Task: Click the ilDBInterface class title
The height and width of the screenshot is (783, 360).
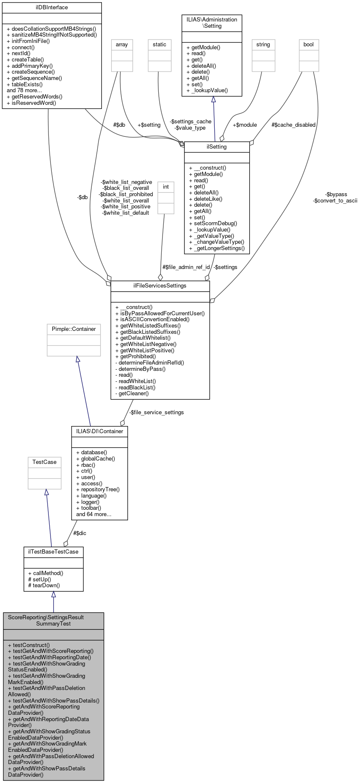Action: coord(52,8)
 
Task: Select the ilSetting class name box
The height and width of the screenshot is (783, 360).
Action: coord(217,147)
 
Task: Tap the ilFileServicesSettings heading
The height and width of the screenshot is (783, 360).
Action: coord(160,286)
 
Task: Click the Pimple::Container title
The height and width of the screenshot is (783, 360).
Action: coord(74,329)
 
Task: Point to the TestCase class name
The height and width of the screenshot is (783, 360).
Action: coord(45,462)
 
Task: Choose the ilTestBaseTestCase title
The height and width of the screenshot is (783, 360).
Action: coord(53,551)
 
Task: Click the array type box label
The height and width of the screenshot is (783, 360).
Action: coord(122,45)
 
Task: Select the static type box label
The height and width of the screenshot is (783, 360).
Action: coord(160,45)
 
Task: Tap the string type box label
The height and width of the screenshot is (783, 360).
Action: coord(263,45)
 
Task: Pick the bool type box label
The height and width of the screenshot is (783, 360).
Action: coord(309,45)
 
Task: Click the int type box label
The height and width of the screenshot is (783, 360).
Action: coord(166,187)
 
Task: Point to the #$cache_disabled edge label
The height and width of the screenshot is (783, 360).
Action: coord(293,125)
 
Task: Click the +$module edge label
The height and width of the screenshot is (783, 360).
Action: coord(245,125)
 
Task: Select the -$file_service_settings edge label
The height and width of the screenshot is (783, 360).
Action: coord(156,413)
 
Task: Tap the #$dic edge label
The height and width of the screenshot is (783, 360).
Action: coord(80,533)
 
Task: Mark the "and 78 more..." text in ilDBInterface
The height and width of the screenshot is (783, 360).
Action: coord(24,91)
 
